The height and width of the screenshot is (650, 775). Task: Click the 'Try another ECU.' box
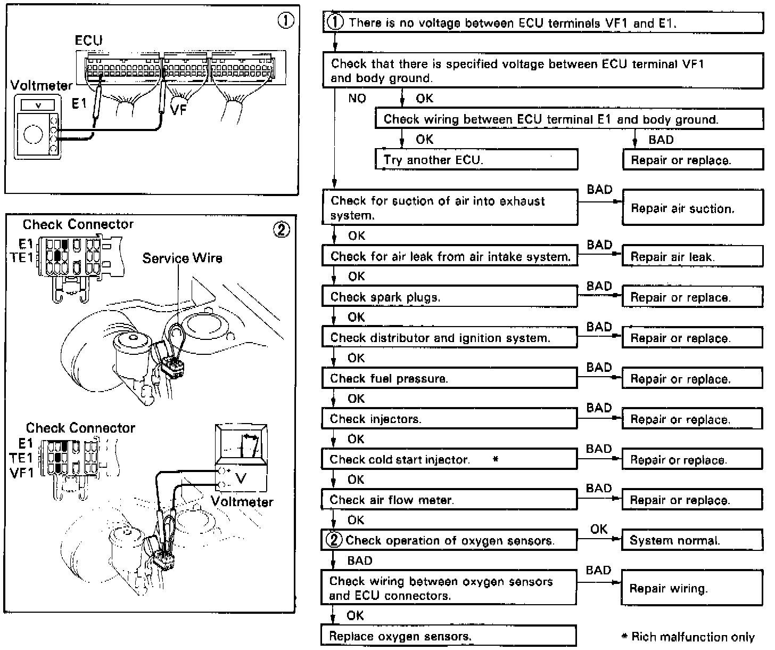click(x=476, y=159)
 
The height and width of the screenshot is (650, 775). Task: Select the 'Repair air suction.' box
click(x=692, y=208)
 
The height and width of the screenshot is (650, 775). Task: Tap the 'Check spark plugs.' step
click(x=449, y=297)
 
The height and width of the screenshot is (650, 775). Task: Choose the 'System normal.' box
click(x=692, y=540)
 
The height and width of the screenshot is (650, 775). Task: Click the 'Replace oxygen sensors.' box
click(x=448, y=636)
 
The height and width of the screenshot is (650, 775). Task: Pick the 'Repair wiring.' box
click(x=692, y=588)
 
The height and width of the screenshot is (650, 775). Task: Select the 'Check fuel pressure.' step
click(x=449, y=378)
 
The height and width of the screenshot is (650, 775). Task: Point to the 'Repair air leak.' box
click(x=692, y=256)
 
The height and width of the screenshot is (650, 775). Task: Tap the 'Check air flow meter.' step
click(x=449, y=500)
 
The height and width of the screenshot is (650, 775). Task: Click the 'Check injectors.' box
click(x=449, y=419)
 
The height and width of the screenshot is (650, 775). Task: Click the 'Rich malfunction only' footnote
click(x=692, y=637)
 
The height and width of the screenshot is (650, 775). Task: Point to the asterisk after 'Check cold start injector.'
click(x=496, y=459)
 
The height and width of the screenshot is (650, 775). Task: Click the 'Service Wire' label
click(x=182, y=258)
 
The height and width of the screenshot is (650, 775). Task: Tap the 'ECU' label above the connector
click(x=88, y=40)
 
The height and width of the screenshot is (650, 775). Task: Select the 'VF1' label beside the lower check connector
click(x=21, y=473)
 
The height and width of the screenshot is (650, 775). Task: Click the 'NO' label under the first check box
click(x=357, y=99)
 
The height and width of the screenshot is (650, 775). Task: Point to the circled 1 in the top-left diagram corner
click(x=285, y=21)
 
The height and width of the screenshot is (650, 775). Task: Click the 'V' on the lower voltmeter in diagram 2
click(x=241, y=478)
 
